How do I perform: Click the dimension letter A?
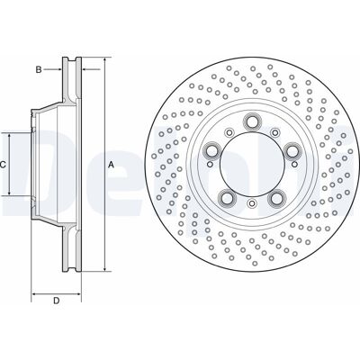tap(112, 165)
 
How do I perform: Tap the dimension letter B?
tap(39, 70)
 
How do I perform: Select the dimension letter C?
tap(3, 165)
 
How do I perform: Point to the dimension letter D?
tap(57, 301)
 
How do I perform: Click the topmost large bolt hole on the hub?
tap(251, 121)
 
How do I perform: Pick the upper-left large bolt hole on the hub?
tap(211, 150)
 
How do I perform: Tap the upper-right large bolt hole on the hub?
tap(292, 150)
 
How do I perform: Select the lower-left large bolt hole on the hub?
tap(227, 197)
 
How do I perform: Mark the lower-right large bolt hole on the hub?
tap(276, 197)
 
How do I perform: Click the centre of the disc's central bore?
tap(251, 165)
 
